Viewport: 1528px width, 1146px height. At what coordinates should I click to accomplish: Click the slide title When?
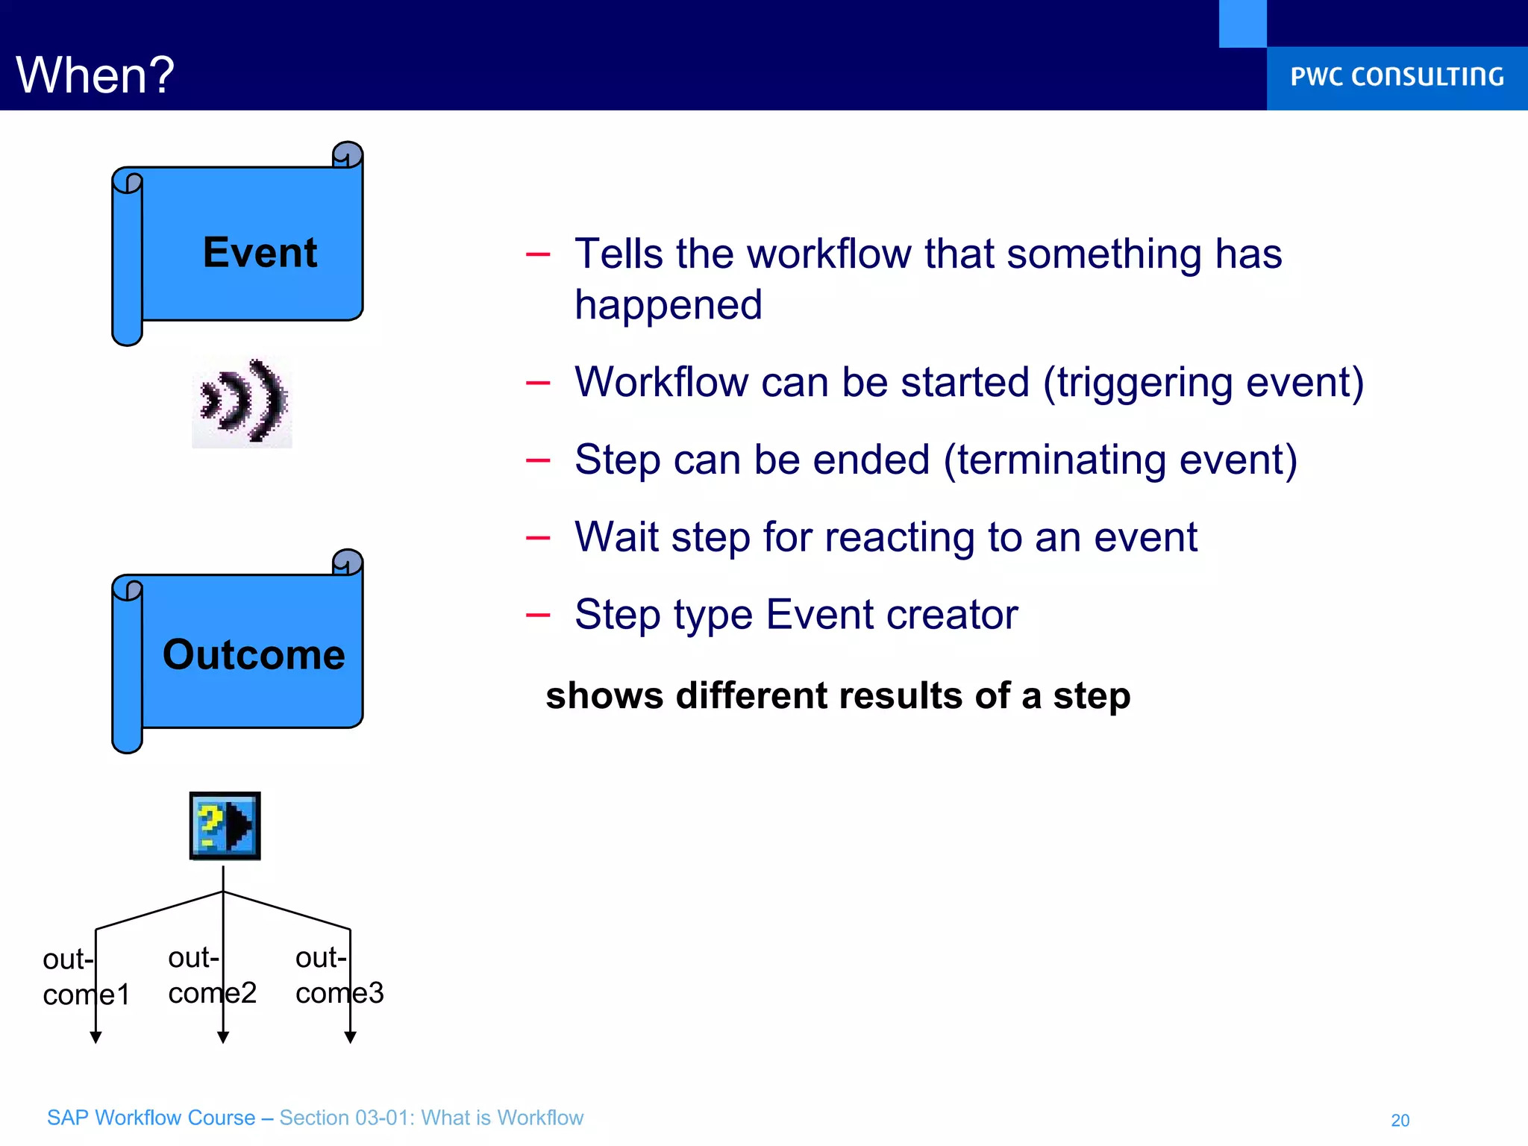(x=95, y=75)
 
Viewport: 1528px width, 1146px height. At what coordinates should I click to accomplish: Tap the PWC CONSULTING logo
(x=1397, y=77)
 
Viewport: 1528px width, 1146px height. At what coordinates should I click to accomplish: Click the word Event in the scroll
(x=260, y=252)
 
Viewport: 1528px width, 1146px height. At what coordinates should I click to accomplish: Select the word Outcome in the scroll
(x=254, y=654)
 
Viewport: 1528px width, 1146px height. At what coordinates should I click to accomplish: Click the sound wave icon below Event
(x=242, y=402)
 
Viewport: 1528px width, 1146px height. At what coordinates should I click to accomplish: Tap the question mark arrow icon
(x=225, y=826)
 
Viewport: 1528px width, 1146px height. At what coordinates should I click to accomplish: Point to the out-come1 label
(x=86, y=977)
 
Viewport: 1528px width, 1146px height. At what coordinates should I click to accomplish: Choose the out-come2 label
(x=212, y=975)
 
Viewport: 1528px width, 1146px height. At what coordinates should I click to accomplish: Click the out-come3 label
(x=339, y=975)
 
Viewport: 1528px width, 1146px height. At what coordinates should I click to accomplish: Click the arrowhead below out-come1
(x=95, y=1037)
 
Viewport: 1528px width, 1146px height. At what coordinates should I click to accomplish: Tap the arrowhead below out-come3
(x=350, y=1037)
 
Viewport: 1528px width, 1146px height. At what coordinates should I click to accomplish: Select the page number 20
(x=1400, y=1120)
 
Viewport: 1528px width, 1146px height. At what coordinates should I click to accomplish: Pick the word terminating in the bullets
(x=1060, y=460)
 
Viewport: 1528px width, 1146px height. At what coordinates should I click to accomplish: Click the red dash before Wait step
(x=537, y=538)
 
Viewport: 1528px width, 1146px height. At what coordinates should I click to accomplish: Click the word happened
(x=668, y=305)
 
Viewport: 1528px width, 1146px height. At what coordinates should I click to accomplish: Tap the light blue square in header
(x=1242, y=23)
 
